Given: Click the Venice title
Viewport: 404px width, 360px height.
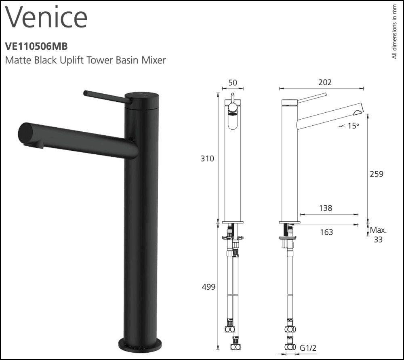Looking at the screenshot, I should (46, 18).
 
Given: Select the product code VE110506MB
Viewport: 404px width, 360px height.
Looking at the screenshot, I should (34, 46).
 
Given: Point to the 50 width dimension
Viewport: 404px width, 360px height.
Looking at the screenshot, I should (233, 83).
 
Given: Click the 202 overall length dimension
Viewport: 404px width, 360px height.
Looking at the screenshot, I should (325, 82).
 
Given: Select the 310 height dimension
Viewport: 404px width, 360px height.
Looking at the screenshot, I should (208, 159).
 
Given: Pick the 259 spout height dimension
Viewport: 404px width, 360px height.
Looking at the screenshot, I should (377, 174).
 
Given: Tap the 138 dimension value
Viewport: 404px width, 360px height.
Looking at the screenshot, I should (326, 208).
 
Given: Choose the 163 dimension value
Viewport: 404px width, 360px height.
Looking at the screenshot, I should (326, 232).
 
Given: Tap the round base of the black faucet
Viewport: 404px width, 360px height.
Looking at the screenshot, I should (140, 345).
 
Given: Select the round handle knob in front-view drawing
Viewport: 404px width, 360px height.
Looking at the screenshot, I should (233, 107).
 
